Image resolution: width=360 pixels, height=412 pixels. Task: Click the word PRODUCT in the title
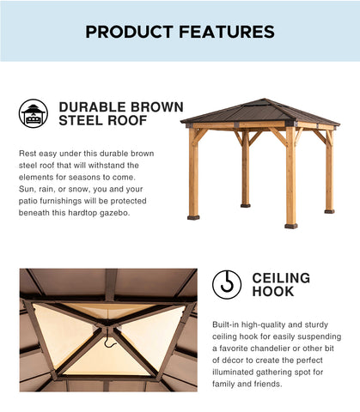tap(129, 32)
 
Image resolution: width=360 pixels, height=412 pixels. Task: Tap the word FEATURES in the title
tap(227, 32)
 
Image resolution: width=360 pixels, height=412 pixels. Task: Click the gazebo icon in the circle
tap(34, 113)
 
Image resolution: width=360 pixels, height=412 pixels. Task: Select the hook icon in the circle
tap(227, 285)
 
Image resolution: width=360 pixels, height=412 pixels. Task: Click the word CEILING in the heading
tap(281, 278)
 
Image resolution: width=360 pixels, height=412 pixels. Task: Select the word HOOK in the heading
tap(273, 292)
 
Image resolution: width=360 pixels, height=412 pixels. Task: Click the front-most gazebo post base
tap(291, 227)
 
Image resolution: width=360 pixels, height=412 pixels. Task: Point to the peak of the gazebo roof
tap(265, 99)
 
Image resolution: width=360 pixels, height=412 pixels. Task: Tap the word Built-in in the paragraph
tap(225, 324)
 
